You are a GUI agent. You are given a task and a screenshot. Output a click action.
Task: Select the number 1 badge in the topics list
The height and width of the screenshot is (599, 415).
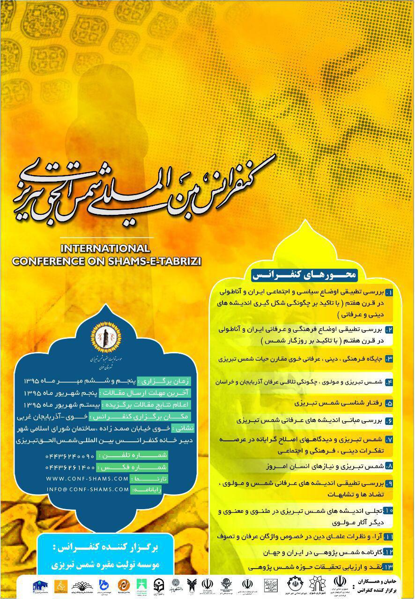[x=389, y=292]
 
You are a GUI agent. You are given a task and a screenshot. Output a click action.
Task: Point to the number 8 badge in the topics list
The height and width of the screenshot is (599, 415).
[x=389, y=466]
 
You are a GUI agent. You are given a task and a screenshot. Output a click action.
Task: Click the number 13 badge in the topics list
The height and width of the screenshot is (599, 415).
[x=388, y=567]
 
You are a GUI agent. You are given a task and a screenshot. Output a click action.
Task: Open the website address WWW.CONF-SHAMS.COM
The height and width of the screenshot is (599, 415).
[x=88, y=479]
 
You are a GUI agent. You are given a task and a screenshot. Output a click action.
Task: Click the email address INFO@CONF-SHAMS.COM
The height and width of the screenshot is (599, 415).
[x=88, y=489]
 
